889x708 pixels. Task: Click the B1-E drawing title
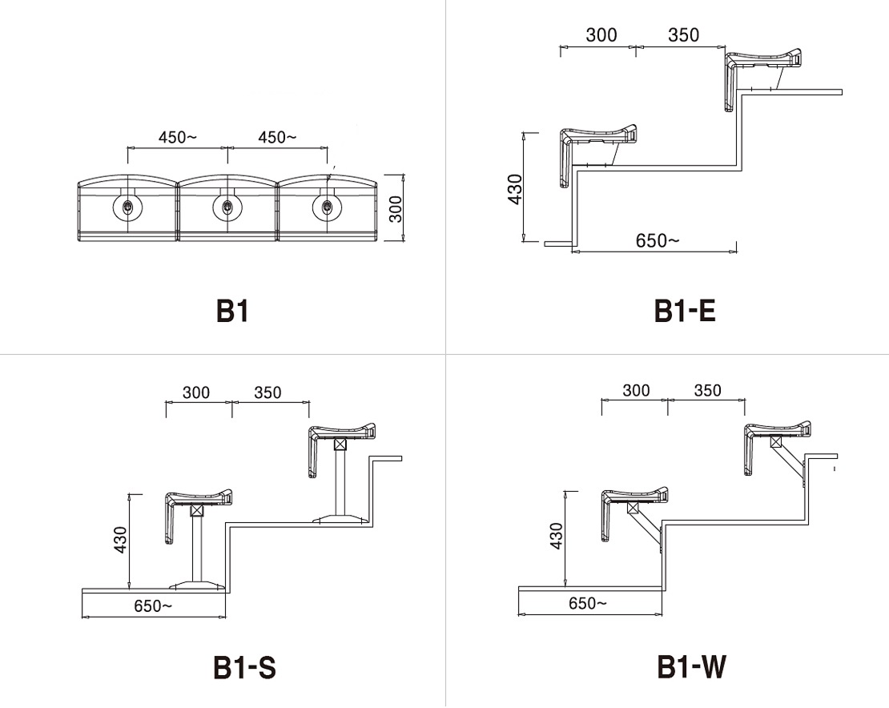(x=685, y=311)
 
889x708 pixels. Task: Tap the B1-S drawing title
(x=245, y=667)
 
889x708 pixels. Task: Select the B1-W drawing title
(x=692, y=666)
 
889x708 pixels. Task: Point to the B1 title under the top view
(x=232, y=311)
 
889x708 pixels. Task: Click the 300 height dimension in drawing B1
(x=396, y=208)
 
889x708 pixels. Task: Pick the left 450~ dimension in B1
(x=178, y=137)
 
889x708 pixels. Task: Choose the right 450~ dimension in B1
(x=277, y=137)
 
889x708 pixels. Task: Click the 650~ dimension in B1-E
(x=657, y=241)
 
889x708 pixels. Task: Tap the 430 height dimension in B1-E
(x=515, y=189)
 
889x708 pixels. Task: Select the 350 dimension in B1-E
(x=684, y=35)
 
